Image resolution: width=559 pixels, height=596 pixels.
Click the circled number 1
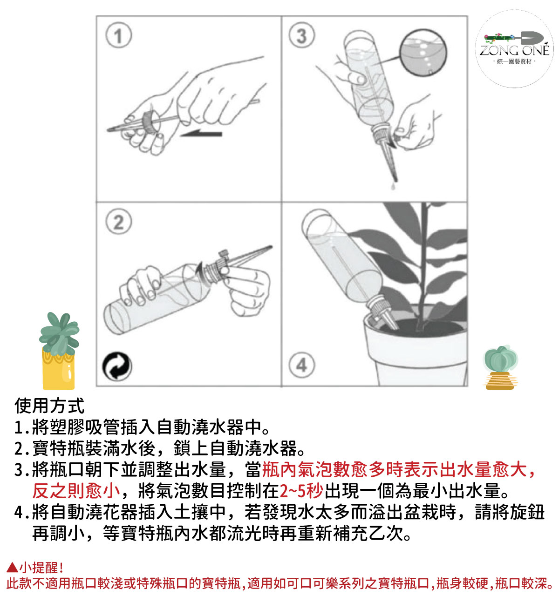118,36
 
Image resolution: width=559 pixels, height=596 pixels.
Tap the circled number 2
118,222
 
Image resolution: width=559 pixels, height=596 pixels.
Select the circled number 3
301,35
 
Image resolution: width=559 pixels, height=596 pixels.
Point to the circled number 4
301,365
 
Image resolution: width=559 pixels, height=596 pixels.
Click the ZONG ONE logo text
514,50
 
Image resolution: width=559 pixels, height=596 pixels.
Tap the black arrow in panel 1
201,133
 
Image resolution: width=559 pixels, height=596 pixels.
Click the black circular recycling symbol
117,366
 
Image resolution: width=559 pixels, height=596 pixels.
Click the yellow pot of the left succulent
59,370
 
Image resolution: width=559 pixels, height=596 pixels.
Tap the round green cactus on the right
500,359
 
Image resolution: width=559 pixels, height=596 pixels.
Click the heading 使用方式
49,406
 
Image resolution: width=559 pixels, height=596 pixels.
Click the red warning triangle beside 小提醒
12,567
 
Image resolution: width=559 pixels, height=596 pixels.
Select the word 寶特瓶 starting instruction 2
59,448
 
